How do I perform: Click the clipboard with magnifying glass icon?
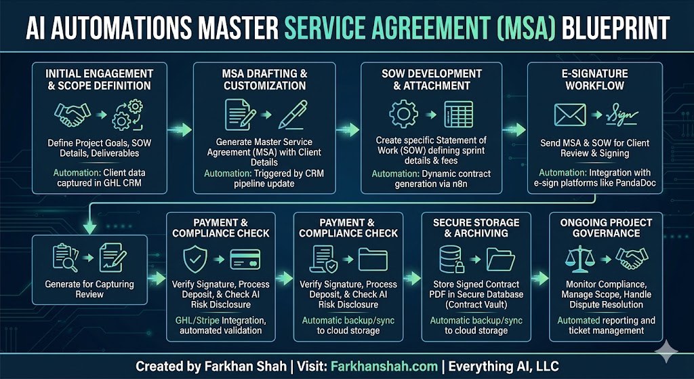tap(66, 258)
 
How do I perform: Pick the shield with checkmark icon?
tap(194, 258)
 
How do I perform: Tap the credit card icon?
tap(245, 258)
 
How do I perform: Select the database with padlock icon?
tap(451, 258)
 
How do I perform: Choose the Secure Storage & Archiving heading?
tap(476, 228)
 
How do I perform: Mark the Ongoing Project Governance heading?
tap(605, 228)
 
